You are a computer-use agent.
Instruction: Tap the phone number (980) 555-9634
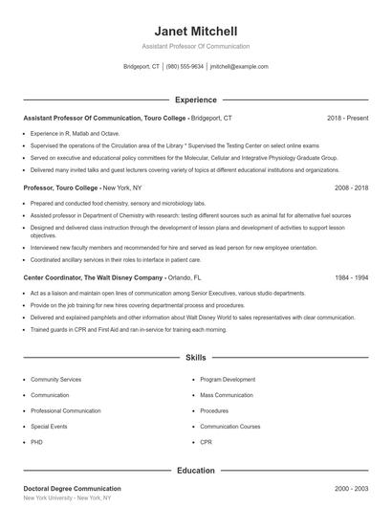tap(185, 67)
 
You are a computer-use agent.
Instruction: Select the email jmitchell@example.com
tap(239, 67)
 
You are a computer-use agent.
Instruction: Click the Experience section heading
tap(195, 99)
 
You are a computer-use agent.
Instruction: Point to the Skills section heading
tap(195, 358)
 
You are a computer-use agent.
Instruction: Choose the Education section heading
tap(195, 471)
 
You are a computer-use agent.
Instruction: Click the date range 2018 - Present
tap(347, 118)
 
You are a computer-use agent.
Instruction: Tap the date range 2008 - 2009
tap(351, 188)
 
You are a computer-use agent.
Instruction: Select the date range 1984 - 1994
tap(351, 276)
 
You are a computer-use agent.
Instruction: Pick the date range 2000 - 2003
tap(351, 489)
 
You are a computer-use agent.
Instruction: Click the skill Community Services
tap(56, 379)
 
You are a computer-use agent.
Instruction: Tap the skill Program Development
tap(228, 379)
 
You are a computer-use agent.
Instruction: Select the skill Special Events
tap(49, 427)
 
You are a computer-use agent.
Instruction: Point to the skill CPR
tap(206, 442)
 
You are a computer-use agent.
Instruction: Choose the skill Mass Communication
tap(227, 394)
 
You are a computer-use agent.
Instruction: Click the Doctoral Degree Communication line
tap(72, 489)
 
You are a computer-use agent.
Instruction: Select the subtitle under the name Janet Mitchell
tap(195, 46)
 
